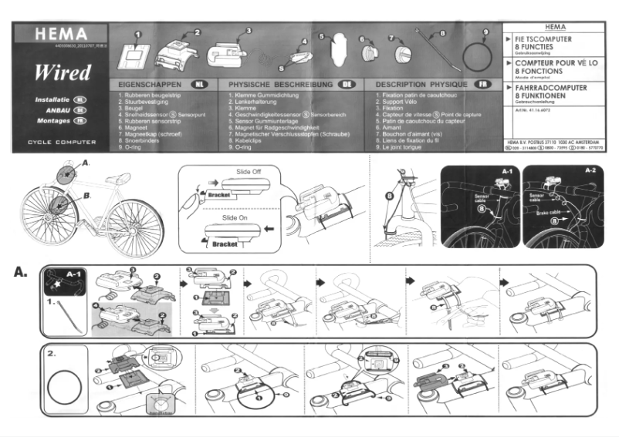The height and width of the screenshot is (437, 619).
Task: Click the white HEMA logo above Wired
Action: (x=61, y=36)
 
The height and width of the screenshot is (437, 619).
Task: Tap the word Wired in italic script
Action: (x=62, y=73)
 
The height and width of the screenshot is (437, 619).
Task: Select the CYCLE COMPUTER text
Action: (x=61, y=143)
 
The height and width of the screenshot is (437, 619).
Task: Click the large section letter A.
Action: (x=21, y=272)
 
